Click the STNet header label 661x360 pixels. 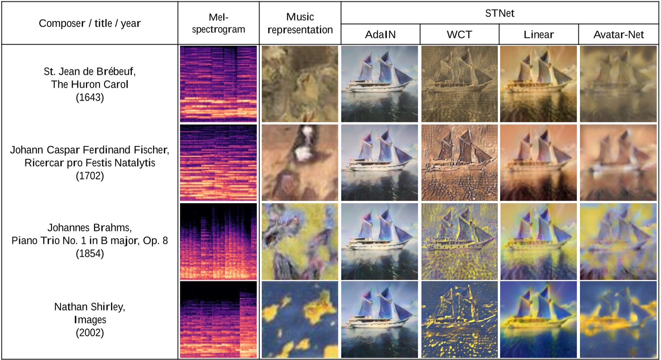click(499, 13)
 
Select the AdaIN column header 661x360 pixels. click(380, 35)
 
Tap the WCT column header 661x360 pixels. click(459, 35)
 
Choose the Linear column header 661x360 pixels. click(538, 35)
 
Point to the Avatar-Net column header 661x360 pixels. click(618, 35)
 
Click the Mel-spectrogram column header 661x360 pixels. click(218, 23)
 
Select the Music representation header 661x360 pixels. click(300, 23)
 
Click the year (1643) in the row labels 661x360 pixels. click(90, 97)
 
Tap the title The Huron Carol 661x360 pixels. click(90, 84)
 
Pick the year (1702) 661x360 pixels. click(90, 176)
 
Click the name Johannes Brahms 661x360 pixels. click(90, 228)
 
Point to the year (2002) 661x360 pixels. click(90, 333)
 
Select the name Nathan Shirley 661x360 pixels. click(90, 307)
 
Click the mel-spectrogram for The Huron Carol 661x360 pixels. click(218, 84)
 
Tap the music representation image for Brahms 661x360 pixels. click(300, 241)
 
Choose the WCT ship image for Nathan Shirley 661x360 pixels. click(459, 319)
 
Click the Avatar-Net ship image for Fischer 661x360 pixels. click(618, 162)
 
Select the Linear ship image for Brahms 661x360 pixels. click(538, 241)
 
